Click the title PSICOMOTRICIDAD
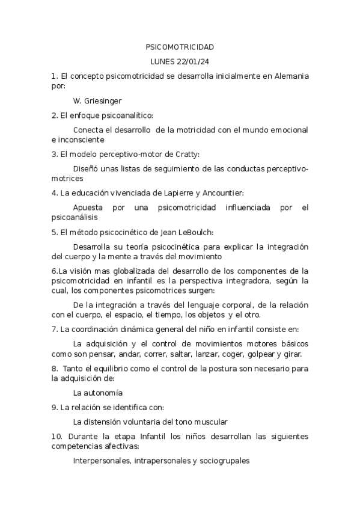click(x=180, y=46)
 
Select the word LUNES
click(x=163, y=61)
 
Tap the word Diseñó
click(x=87, y=169)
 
